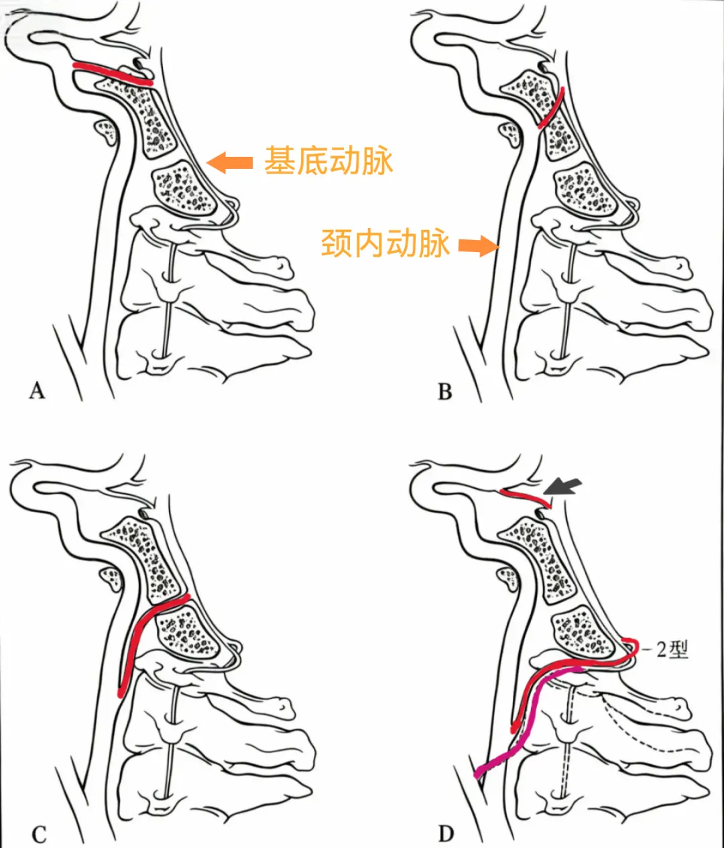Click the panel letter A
point(37,390)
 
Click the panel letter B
point(444,391)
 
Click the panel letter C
point(39,835)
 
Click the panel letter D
point(446,834)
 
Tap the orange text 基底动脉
point(328,162)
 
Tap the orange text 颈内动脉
point(385,243)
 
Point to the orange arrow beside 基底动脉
point(230,162)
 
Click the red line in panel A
point(113,74)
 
